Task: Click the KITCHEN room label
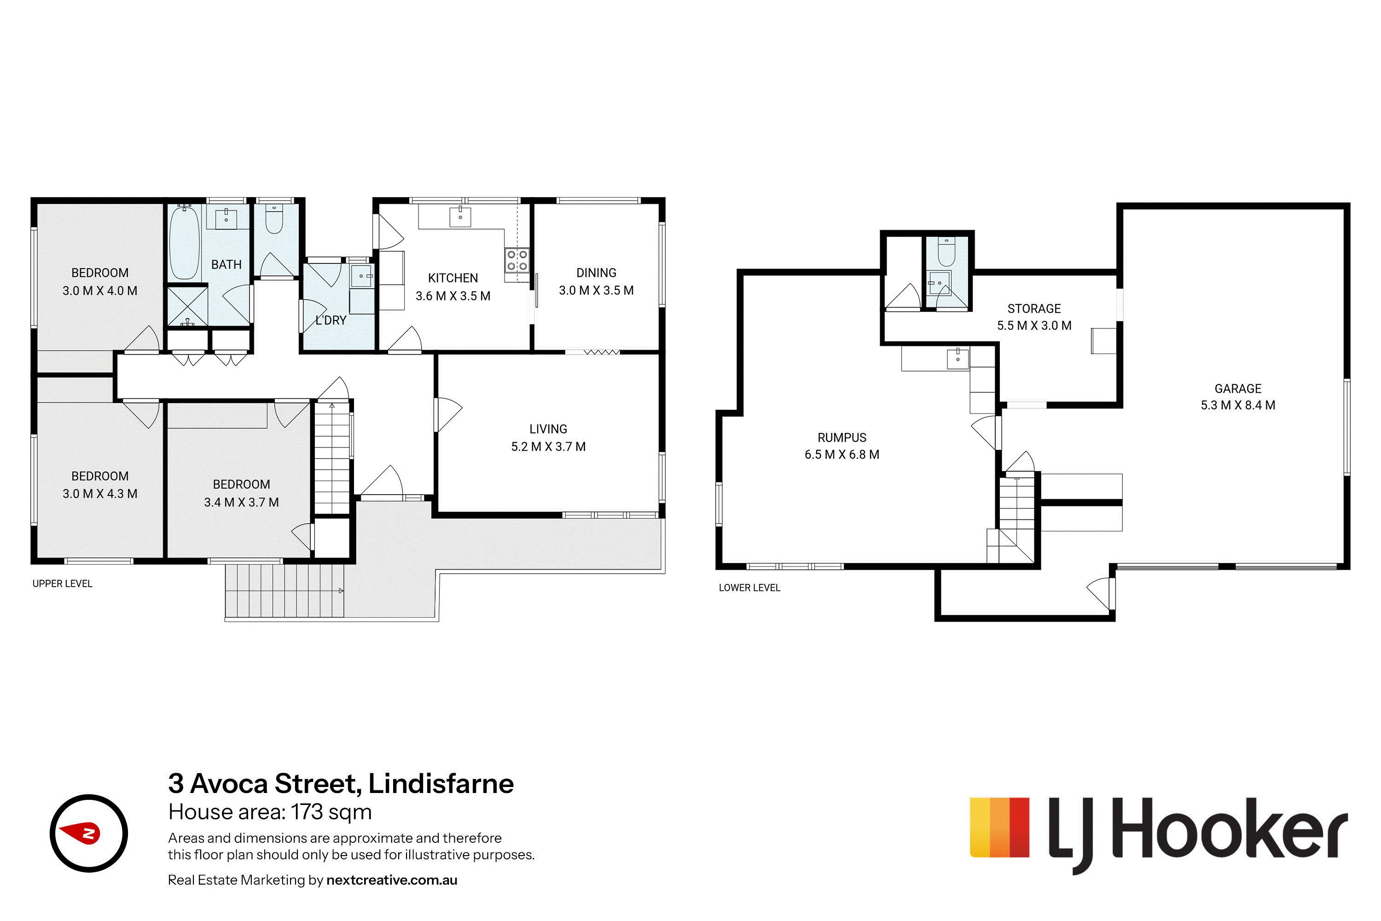pos(453,278)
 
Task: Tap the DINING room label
pos(596,273)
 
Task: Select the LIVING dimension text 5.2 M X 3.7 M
pos(548,446)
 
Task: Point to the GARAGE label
pos(1238,388)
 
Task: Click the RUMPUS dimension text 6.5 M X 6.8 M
pos(842,454)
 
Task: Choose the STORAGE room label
pos(1034,309)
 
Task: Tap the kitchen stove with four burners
pos(516,260)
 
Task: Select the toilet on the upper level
pos(274,218)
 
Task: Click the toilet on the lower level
pos(946,251)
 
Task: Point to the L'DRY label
pos(331,320)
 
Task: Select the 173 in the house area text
pos(307,812)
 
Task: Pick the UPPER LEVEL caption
pos(62,583)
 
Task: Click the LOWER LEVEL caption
pos(749,588)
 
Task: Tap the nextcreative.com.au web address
pos(392,880)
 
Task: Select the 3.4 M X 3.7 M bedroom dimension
pos(241,502)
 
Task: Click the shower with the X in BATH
pos(187,305)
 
